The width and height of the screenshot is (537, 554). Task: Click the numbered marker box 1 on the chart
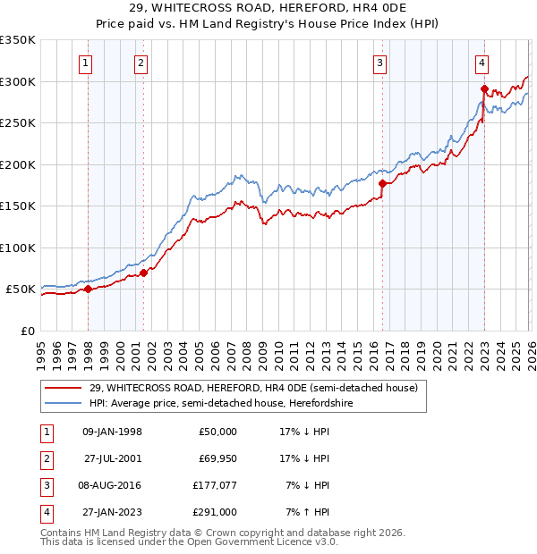tap(84, 63)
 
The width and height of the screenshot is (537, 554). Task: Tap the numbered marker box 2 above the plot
tap(141, 63)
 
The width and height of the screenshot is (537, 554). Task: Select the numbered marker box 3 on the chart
tap(380, 63)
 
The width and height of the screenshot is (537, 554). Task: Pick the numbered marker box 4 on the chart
tap(482, 63)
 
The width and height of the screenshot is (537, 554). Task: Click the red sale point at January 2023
tap(484, 88)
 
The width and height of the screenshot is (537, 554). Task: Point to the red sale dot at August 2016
tap(382, 183)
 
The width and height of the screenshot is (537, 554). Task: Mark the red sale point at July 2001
tap(144, 273)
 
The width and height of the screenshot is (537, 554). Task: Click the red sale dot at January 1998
tap(88, 289)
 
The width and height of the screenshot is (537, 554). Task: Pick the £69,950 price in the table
tap(217, 458)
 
